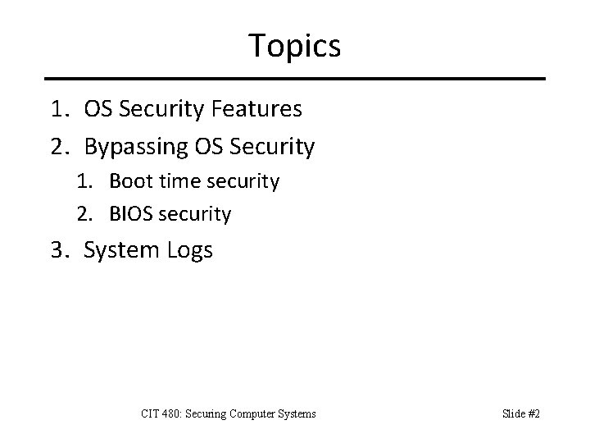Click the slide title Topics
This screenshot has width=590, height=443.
pos(295,45)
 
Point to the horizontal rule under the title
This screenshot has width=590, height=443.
pos(295,79)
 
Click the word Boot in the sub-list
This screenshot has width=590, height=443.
pos(127,181)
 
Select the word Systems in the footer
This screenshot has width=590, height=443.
pos(299,414)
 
